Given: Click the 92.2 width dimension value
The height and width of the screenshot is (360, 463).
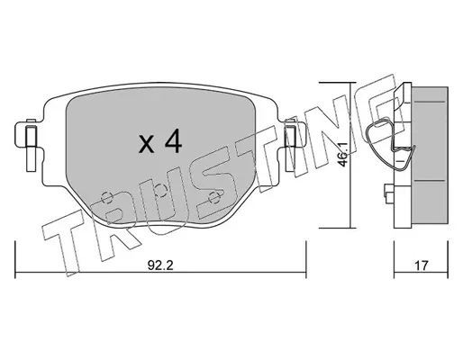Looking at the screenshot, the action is [160, 265].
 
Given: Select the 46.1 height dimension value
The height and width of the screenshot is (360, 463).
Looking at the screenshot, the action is [344, 154].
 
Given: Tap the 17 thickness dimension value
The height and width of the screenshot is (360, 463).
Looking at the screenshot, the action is [422, 265].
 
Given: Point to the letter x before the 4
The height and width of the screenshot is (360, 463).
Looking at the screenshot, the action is [146, 145].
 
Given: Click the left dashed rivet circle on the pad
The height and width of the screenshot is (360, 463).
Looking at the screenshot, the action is [106, 197].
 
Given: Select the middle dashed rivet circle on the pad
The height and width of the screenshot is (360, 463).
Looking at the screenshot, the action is [161, 190].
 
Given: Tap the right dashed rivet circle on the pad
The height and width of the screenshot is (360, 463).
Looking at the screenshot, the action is [214, 197].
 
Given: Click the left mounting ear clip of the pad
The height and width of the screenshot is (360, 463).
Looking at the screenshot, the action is [31, 146].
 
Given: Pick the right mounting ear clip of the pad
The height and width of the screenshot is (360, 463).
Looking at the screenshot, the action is [290, 146].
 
